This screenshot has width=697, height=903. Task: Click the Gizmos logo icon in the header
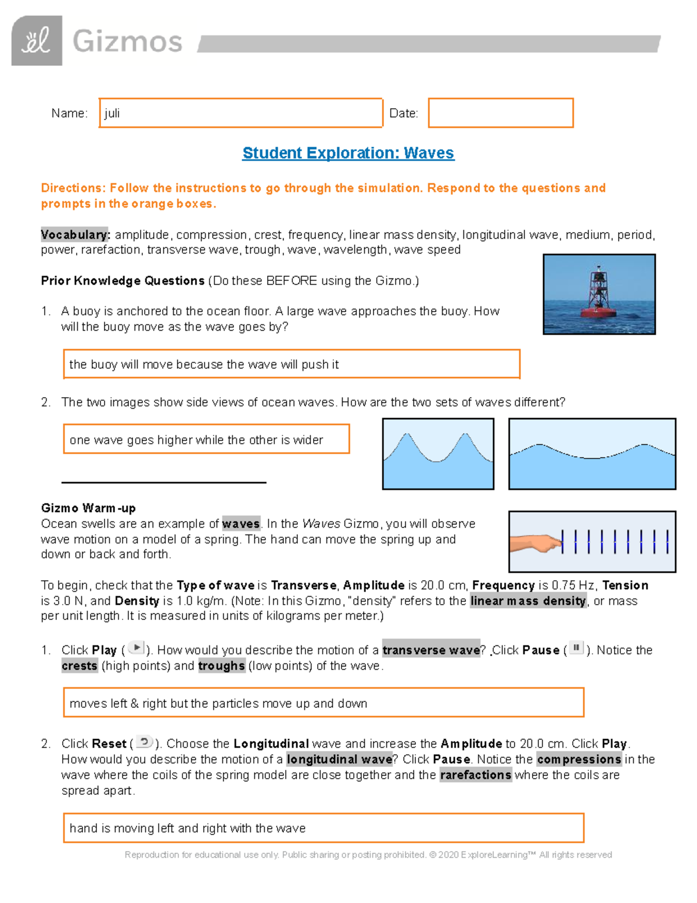pos(37,41)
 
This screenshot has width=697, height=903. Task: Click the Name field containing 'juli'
pos(240,113)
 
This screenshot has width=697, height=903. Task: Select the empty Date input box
pos(501,113)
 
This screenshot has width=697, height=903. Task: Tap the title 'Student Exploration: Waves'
pos(348,153)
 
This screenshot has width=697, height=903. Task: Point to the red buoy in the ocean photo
pos(598,297)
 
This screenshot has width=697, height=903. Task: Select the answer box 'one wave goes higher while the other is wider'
pos(206,440)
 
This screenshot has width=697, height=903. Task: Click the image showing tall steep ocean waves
pos(438,454)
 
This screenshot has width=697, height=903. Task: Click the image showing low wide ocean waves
pos(592,454)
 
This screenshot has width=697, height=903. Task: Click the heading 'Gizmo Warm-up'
pos(88,508)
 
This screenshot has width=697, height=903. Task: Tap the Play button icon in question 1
pos(136,648)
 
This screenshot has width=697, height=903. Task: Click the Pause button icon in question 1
pos(576,648)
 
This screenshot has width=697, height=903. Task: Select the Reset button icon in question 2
pos(144,741)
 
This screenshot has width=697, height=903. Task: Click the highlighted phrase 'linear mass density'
pos(528,601)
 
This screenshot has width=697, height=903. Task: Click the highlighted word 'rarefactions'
pos(476,775)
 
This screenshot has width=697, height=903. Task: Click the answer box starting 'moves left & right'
pos(323,703)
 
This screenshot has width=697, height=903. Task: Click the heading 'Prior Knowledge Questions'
pos(123,281)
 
